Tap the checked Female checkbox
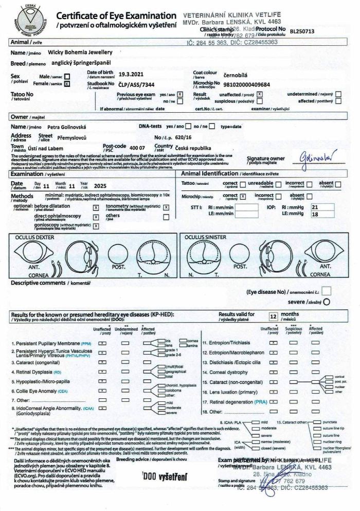(x=67, y=83)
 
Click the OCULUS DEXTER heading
(x=33, y=238)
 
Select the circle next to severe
(x=326, y=302)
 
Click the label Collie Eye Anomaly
(x=36, y=392)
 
